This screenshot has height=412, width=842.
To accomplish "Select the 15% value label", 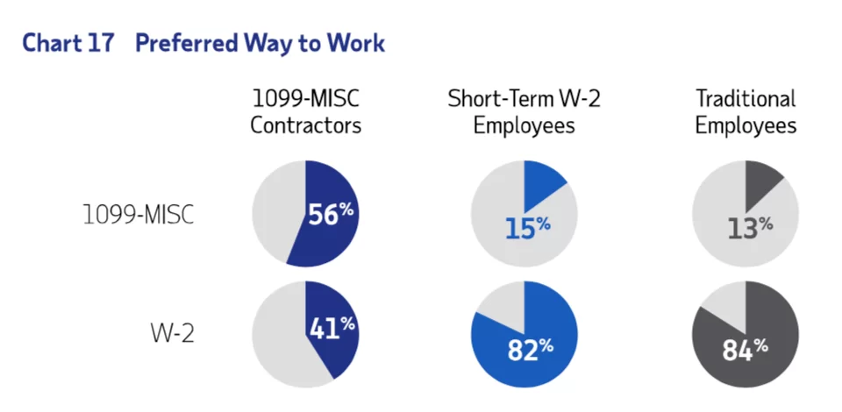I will coord(527,227).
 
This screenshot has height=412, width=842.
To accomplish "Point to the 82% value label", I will coord(530,349).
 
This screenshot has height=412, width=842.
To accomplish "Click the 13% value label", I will coord(750,227).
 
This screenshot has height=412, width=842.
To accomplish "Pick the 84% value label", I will coord(746,349).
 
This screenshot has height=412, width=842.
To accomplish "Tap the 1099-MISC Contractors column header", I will coord(305,111).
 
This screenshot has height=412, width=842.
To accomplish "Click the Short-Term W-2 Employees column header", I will coord(524,111).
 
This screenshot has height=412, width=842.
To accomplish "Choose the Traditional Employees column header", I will coord(746,111).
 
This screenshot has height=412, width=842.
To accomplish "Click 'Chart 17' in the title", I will coord(68,43).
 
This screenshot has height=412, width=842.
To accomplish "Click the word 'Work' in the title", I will coord(355,43).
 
